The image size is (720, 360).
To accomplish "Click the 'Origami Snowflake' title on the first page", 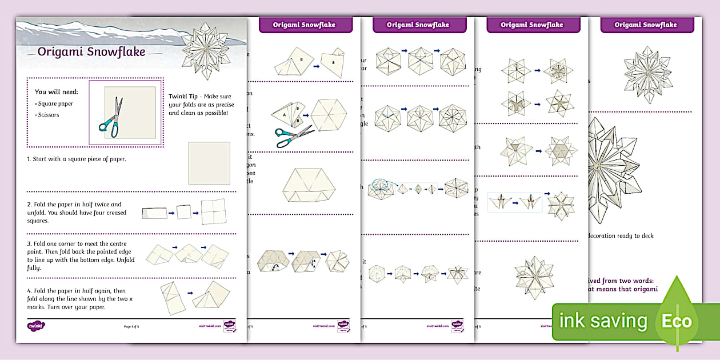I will point(91,52).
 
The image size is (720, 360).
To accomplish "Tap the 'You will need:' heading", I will point(56,91).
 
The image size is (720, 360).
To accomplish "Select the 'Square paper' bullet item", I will point(55,104).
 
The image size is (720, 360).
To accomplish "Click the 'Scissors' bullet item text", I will point(48,115).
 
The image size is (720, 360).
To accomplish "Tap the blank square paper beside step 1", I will point(209,163).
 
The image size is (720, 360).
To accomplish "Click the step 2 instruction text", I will point(74,212).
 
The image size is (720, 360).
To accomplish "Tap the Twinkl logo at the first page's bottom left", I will point(35,326).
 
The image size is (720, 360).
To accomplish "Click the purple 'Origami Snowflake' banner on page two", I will point(304,25).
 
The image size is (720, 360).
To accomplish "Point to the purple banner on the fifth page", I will point(646,25).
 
